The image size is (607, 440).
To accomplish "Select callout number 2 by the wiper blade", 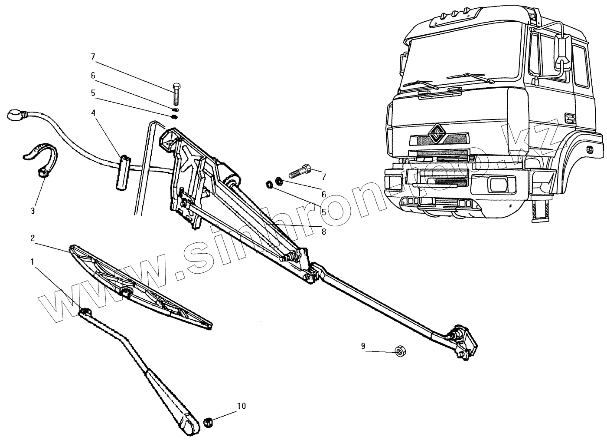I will [32, 238].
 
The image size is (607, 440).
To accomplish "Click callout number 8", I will [323, 232].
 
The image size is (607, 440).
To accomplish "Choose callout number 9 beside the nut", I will [363, 346].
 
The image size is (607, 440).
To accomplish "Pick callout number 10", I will [241, 406].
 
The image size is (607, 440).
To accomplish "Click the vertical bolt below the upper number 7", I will [176, 93].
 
